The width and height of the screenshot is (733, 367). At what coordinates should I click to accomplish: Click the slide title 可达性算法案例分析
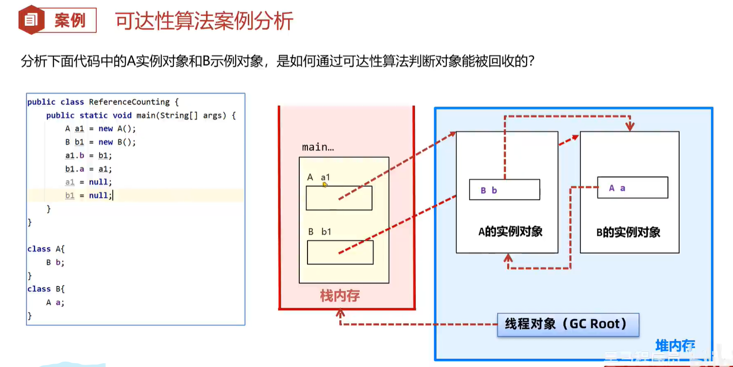pos(204,21)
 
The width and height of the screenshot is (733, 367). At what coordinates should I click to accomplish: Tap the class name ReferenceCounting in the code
pos(129,102)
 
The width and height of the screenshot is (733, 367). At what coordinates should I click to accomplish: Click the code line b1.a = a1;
pos(88,169)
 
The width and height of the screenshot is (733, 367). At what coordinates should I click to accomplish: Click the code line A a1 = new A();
pos(101,129)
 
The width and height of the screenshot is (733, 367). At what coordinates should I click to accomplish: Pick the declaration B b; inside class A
pos(55,262)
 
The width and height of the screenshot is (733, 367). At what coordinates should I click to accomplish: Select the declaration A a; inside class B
pos(55,302)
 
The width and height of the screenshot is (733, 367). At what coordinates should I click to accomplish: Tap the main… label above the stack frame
pos(318,147)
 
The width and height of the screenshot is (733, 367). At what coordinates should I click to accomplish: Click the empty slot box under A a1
pos(339,198)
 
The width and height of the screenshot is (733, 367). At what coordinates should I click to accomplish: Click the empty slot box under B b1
pos(340,252)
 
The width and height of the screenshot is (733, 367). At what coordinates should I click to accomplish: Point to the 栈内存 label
pos(340,296)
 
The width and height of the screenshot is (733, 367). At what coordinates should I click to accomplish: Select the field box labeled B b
pos(504,190)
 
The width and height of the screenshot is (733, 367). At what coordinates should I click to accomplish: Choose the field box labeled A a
pos(632,187)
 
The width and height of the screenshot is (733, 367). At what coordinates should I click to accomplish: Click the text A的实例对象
pos(510,232)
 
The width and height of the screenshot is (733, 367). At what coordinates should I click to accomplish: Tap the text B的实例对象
pos(628,232)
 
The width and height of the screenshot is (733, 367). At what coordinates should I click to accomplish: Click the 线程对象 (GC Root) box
pos(567,324)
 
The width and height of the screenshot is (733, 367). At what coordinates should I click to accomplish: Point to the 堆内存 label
pos(675,346)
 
